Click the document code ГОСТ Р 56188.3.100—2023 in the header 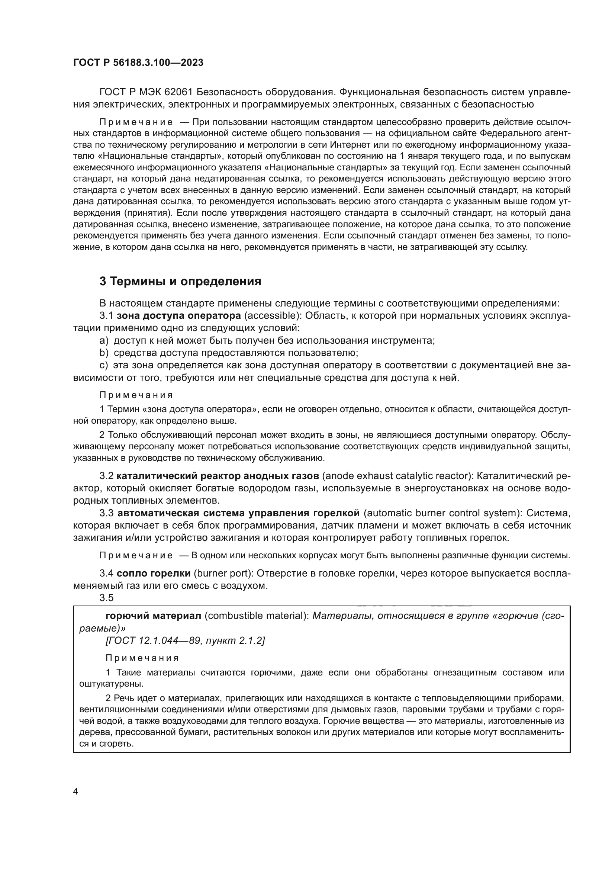pos(138,63)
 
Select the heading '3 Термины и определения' pos(180,281)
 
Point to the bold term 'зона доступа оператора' pos(179,315)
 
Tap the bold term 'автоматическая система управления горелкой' pos(239,513)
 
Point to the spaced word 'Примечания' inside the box pos(142,658)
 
